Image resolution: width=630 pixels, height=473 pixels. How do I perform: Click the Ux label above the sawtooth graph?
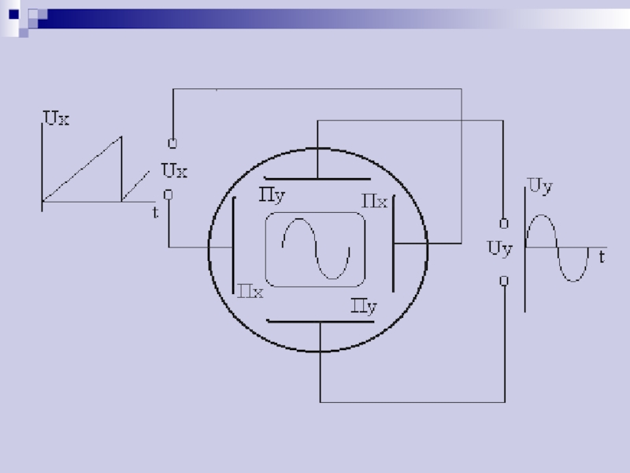56,118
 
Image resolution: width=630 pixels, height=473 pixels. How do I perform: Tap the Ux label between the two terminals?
174,170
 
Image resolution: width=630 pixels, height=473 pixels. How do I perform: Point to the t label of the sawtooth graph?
155,212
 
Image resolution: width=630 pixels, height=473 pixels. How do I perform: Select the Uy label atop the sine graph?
540,187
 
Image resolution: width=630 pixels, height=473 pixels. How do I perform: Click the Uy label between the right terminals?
500,248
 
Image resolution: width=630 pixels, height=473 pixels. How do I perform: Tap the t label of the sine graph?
602,257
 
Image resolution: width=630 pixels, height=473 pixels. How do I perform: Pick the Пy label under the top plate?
272,196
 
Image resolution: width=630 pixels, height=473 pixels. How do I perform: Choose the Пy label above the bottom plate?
364,307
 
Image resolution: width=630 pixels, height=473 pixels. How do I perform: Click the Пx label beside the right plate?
375,201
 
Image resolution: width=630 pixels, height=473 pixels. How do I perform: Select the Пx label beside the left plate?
250,291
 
